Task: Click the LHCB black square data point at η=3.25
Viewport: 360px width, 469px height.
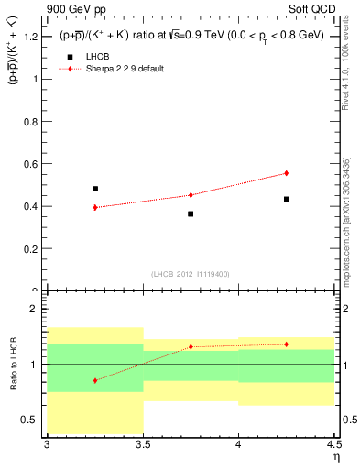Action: coord(95,189)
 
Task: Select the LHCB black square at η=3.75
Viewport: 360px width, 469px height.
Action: coord(191,213)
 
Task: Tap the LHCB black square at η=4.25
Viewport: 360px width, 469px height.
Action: coord(287,199)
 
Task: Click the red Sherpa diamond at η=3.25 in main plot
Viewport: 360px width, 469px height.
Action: coord(95,207)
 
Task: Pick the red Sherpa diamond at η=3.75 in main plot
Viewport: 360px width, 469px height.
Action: coord(191,194)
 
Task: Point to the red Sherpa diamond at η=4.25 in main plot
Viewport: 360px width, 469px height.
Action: coord(287,173)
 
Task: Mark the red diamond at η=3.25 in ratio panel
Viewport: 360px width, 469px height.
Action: coord(95,380)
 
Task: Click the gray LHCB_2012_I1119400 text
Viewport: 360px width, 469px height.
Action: coord(190,274)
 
